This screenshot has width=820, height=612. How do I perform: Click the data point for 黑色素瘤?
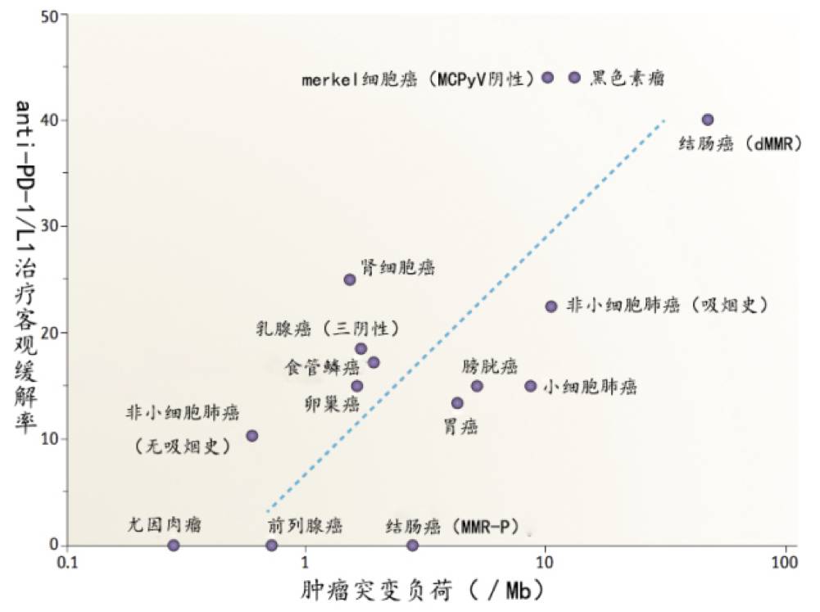[574, 77]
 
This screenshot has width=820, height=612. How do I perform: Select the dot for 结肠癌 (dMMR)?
[708, 120]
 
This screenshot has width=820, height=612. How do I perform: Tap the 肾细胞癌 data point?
[350, 279]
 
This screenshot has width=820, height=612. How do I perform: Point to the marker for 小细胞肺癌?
[531, 386]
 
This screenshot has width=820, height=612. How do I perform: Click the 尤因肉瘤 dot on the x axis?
[174, 545]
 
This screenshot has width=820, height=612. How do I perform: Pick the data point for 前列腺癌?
[272, 545]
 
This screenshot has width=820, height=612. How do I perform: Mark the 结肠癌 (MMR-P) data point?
[413, 545]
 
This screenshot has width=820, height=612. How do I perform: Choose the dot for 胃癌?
[457, 403]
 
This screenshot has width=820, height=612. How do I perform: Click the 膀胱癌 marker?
[477, 386]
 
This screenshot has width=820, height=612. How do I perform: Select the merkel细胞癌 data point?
[548, 77]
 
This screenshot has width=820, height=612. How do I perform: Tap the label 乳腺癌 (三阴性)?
[327, 329]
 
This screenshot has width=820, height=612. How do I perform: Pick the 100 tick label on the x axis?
[785, 564]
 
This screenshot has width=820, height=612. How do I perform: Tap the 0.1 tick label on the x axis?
[68, 564]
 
